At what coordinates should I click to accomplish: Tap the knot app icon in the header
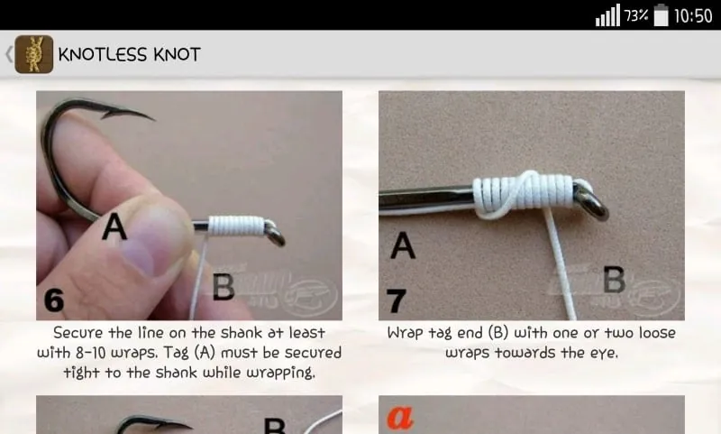click(33, 54)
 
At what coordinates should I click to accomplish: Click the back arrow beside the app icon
click(9, 54)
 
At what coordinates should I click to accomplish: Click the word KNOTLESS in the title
click(102, 54)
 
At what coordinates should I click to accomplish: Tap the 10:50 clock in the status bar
click(693, 16)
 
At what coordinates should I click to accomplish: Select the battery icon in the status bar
click(661, 15)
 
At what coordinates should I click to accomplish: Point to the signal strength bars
click(607, 15)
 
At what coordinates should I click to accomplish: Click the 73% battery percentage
click(636, 15)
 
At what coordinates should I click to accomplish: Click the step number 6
click(54, 300)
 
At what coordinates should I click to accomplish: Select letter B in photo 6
click(224, 287)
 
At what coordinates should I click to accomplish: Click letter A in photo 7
click(403, 245)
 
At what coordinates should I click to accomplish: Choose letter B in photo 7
click(614, 280)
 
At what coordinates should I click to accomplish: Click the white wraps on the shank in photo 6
click(236, 225)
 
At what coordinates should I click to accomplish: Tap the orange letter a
click(399, 418)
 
